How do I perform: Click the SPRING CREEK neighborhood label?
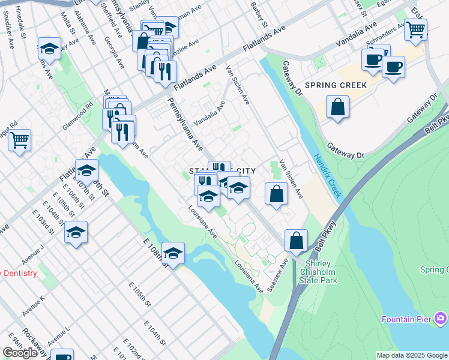point(335,85)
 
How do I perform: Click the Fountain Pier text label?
point(406,319)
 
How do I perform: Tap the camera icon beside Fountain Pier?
point(441,318)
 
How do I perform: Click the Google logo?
point(20,353)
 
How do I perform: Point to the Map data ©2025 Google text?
point(412,355)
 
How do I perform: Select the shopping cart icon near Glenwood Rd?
point(19,140)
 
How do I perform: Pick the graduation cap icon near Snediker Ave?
point(49,49)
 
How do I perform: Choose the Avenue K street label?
point(34,306)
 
